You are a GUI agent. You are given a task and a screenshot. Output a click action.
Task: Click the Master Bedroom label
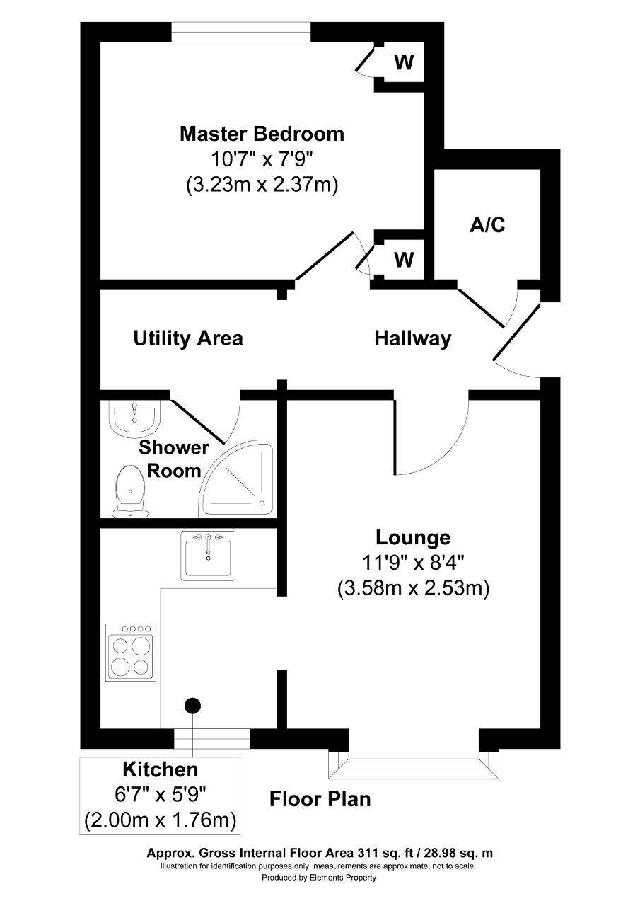[x=262, y=134]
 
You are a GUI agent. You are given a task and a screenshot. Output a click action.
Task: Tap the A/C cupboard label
[x=487, y=225]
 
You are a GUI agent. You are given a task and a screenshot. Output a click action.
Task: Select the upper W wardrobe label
[x=404, y=62]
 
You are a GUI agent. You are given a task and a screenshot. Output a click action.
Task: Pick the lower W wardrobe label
[x=404, y=259]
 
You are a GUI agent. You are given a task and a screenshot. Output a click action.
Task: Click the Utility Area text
[x=188, y=338]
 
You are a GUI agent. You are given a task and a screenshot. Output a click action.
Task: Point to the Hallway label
[x=413, y=338]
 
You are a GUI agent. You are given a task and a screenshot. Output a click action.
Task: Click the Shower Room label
[x=174, y=459]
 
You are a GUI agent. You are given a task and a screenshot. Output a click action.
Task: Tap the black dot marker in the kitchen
[x=193, y=706]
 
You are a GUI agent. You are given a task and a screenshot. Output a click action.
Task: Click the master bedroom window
[x=241, y=32]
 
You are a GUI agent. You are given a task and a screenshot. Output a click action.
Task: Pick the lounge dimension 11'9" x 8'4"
[x=413, y=563]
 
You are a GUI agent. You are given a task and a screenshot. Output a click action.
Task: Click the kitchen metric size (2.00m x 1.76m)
[x=160, y=820]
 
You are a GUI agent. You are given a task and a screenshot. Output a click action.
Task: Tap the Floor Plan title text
[x=320, y=799]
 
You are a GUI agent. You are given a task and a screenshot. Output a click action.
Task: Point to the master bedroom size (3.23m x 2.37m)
[x=262, y=185]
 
